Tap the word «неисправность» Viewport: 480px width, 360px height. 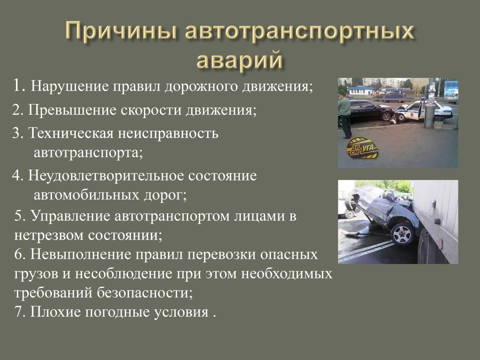[x=168, y=133]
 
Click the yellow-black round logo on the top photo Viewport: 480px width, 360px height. [x=362, y=148]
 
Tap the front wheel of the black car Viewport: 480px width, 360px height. [x=386, y=116]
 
